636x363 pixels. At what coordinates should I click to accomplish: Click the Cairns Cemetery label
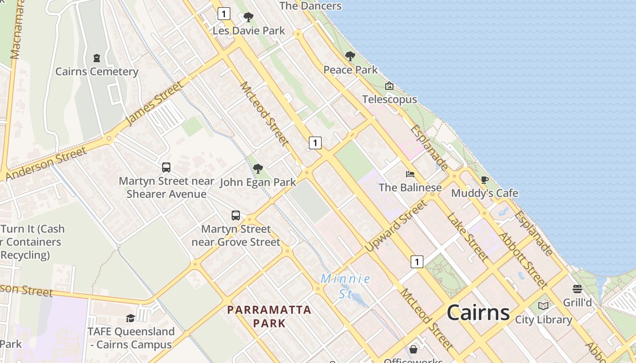pyautogui.click(x=97, y=72)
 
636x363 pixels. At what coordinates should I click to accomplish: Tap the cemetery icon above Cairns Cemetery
pyautogui.click(x=97, y=58)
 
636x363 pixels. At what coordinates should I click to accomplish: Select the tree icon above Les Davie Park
pyautogui.click(x=248, y=17)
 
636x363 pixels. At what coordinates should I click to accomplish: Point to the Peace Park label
pyautogui.click(x=350, y=70)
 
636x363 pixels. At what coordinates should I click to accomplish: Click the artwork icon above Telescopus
pyautogui.click(x=389, y=86)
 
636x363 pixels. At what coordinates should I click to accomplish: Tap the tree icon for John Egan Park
pyautogui.click(x=258, y=169)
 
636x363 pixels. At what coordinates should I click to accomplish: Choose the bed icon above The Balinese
pyautogui.click(x=410, y=174)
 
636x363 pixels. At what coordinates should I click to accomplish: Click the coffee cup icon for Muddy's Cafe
pyautogui.click(x=484, y=180)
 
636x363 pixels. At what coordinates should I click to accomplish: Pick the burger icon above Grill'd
pyautogui.click(x=577, y=289)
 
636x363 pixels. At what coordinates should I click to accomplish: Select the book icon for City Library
pyautogui.click(x=543, y=306)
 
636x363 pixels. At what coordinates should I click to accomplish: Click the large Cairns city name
pyautogui.click(x=478, y=313)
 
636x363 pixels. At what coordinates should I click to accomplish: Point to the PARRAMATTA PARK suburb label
pyautogui.click(x=269, y=316)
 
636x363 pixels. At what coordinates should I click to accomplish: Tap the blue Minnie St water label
pyautogui.click(x=345, y=286)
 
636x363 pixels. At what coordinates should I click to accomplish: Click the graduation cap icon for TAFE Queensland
pyautogui.click(x=131, y=318)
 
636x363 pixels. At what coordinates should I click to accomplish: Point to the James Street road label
pyautogui.click(x=155, y=103)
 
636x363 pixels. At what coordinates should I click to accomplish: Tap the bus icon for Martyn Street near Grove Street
pyautogui.click(x=236, y=215)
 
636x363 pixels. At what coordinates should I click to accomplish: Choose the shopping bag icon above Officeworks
pyautogui.click(x=413, y=349)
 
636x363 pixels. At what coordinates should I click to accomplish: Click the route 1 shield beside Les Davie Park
pyautogui.click(x=224, y=14)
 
